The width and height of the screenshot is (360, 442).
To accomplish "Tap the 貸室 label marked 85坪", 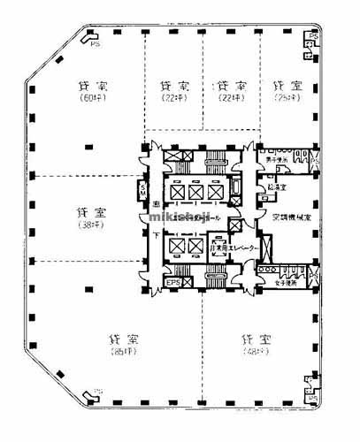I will click(120, 339).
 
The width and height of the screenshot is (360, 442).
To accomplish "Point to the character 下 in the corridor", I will click(156, 235).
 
